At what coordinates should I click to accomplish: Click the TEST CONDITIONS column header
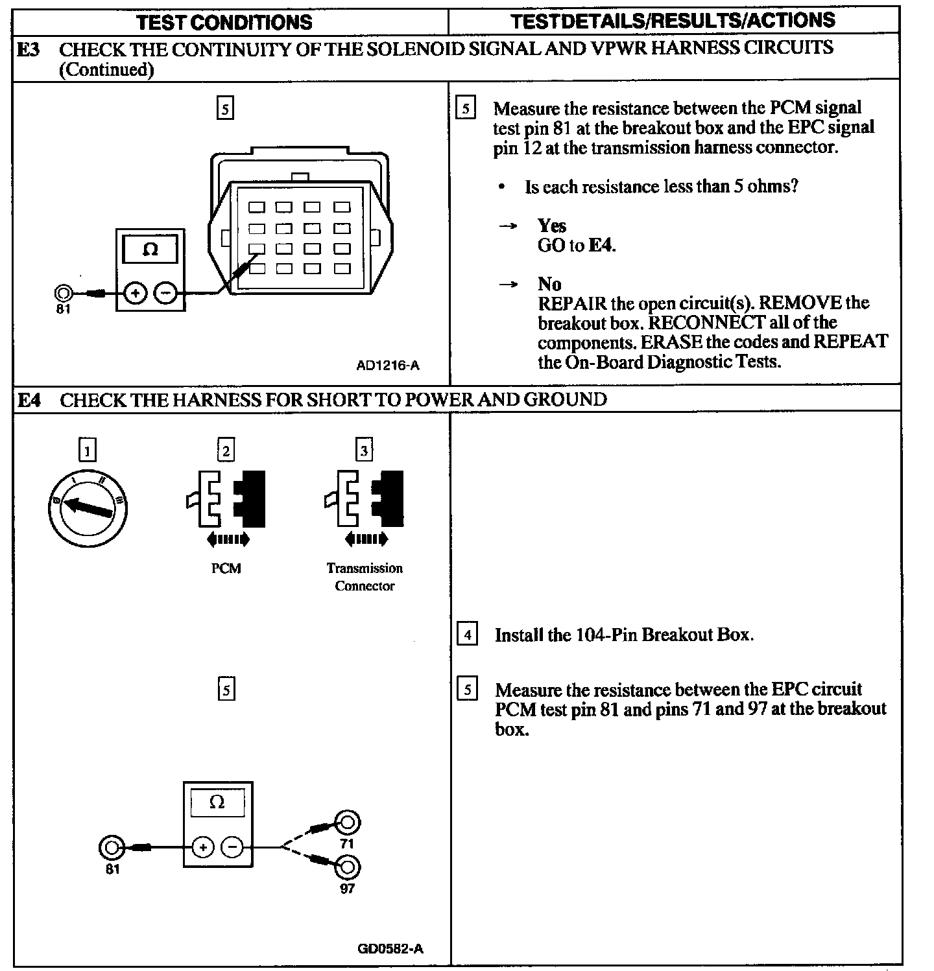pos(224,22)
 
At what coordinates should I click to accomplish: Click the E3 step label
pos(28,49)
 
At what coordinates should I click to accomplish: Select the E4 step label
pos(29,399)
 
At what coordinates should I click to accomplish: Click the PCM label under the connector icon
pos(226,568)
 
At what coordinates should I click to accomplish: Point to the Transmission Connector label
pos(365,577)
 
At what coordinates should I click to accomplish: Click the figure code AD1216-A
pos(388,366)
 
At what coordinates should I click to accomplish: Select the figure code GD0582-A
pos(390,949)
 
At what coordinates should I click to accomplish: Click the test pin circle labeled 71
pos(348,823)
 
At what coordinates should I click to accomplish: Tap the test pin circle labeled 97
pos(348,867)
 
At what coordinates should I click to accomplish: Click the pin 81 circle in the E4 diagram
pos(111,847)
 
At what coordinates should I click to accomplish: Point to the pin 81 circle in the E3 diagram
pos(63,293)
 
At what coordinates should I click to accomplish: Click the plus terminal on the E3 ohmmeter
pos(135,294)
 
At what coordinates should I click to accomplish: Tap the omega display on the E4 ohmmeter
pos(217,802)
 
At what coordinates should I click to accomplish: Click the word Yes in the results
pos(552,226)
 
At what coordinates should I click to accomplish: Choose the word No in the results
pos(549,284)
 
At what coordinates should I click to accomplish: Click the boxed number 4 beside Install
pos(467,633)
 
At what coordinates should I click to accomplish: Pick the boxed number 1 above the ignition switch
pos(87,450)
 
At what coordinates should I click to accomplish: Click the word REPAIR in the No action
pos(569,303)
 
